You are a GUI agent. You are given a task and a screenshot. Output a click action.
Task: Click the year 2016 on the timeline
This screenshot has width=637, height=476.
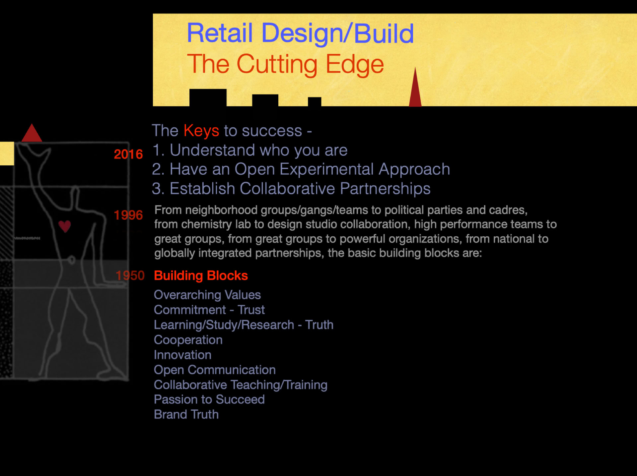pyautogui.click(x=128, y=154)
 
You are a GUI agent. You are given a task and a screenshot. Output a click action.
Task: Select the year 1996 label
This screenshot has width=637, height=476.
pyautogui.click(x=128, y=215)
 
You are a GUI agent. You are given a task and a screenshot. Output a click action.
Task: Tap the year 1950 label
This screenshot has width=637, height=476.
pyautogui.click(x=130, y=275)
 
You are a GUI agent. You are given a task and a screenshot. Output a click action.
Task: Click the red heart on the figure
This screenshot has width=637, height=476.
pyautogui.click(x=65, y=226)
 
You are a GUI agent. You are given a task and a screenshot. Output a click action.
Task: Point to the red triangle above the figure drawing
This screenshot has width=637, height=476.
pyautogui.click(x=32, y=133)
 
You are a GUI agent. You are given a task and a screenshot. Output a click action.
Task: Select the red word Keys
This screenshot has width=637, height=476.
pyautogui.click(x=201, y=131)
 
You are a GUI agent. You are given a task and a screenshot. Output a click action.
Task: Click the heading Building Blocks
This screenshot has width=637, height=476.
pyautogui.click(x=201, y=275)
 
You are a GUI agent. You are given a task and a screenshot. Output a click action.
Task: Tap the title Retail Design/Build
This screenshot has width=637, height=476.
pyautogui.click(x=300, y=33)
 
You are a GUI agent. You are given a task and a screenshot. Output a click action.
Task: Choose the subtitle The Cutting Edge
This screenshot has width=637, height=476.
pyautogui.click(x=286, y=64)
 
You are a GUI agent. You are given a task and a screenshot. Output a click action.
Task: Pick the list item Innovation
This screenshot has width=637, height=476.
pyautogui.click(x=183, y=355)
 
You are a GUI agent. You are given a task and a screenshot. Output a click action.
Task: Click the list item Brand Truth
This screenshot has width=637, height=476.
pyautogui.click(x=186, y=414)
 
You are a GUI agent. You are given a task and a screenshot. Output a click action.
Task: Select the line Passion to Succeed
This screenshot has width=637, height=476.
pyautogui.click(x=209, y=399)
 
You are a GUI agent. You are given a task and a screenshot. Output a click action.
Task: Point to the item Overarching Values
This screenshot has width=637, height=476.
pyautogui.click(x=207, y=295)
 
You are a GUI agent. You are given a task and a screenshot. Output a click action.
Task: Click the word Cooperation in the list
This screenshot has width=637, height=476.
pyautogui.click(x=188, y=340)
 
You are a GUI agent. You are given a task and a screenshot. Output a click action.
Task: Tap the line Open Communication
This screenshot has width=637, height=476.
pyautogui.click(x=215, y=370)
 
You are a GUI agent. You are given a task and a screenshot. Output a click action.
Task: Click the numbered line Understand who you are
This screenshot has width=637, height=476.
pyautogui.click(x=250, y=150)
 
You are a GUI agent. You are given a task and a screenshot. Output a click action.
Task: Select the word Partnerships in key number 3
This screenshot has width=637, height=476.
pyautogui.click(x=385, y=189)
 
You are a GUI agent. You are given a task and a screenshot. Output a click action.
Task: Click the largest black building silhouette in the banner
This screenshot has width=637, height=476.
pyautogui.click(x=208, y=98)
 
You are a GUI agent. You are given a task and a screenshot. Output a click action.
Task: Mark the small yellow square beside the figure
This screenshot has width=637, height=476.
pyautogui.click(x=7, y=153)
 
